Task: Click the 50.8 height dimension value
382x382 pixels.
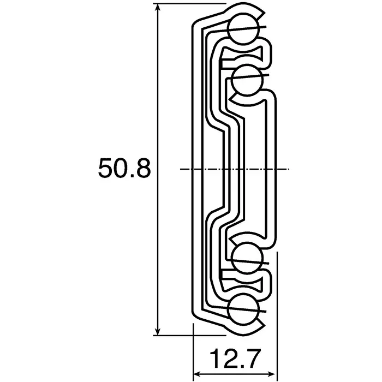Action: coord(124,169)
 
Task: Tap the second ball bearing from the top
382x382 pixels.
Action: coord(248,79)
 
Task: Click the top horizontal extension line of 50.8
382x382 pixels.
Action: coord(191,5)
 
